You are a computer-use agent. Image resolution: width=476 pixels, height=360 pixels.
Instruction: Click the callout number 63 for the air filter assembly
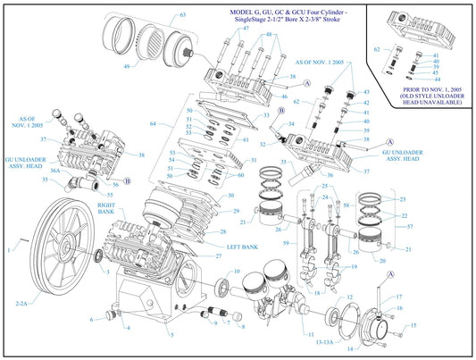[182, 15]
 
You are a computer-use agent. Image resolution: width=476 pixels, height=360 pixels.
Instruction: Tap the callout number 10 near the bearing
[237, 272]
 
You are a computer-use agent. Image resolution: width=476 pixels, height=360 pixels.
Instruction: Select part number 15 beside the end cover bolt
[413, 326]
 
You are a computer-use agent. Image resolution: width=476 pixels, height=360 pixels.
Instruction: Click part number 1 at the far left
[12, 251]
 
